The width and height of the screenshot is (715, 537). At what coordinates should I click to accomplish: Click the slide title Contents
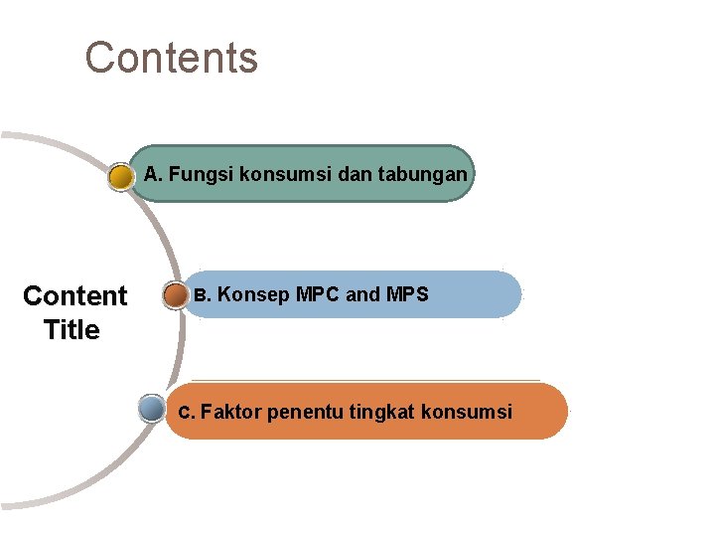pyautogui.click(x=171, y=58)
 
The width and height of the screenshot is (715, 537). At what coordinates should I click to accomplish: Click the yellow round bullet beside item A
pyautogui.click(x=121, y=178)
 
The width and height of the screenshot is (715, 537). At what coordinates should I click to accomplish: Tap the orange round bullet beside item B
pyautogui.click(x=176, y=295)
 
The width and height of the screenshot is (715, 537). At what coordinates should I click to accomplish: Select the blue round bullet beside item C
pyautogui.click(x=152, y=409)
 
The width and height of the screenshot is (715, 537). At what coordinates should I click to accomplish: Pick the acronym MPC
pyautogui.click(x=318, y=295)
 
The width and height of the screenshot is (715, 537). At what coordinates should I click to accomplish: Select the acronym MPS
pyautogui.click(x=407, y=295)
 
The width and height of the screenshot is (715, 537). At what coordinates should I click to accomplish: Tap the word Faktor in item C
pyautogui.click(x=231, y=412)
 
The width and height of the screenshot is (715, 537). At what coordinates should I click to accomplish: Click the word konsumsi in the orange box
pyautogui.click(x=467, y=412)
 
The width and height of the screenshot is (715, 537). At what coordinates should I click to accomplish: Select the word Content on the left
pyautogui.click(x=74, y=296)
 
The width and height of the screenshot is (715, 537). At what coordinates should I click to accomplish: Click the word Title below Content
pyautogui.click(x=71, y=330)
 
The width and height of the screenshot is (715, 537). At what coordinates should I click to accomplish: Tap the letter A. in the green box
pyautogui.click(x=153, y=175)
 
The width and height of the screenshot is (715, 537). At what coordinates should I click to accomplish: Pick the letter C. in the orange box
pyautogui.click(x=186, y=412)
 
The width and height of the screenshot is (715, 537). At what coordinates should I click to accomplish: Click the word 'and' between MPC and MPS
pyautogui.click(x=362, y=295)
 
